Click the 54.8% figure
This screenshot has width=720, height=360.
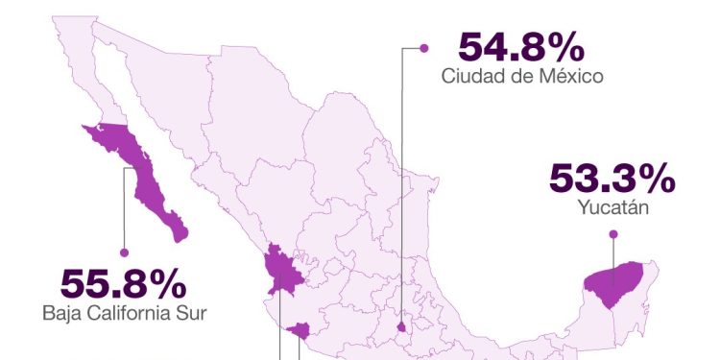pos(520,47)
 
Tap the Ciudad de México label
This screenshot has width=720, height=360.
pos(521,76)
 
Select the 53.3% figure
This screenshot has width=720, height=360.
pos(612,180)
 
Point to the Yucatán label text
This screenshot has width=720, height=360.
pos(612,206)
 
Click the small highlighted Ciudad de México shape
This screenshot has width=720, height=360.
pos(401,326)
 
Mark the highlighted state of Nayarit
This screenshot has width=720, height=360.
pos(282,273)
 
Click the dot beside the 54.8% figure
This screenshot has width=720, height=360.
pos(420,46)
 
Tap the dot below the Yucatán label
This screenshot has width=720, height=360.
pos(612,233)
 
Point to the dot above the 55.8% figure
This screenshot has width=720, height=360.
pos(124,252)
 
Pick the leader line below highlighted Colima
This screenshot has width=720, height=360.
pos(300,349)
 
